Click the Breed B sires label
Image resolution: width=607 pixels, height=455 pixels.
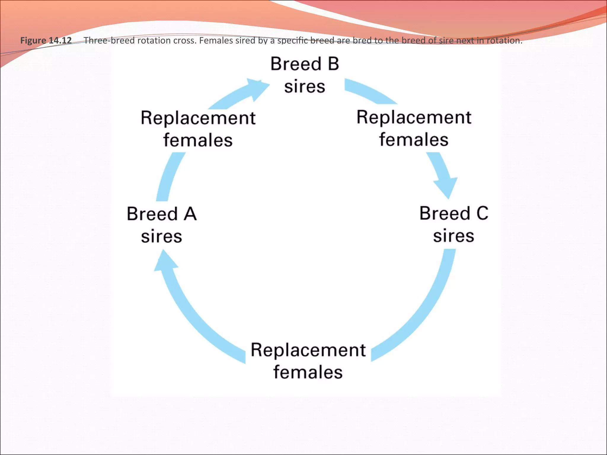[x=305, y=75]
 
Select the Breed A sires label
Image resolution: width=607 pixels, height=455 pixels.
[x=162, y=225]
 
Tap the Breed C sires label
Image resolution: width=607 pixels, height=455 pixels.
[x=454, y=224]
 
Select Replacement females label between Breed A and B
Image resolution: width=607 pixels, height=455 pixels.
[x=198, y=129]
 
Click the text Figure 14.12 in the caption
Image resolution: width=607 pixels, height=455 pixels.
[x=46, y=40]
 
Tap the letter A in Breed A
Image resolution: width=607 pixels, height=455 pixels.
[x=190, y=214]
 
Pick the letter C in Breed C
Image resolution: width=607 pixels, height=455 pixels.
[x=482, y=213]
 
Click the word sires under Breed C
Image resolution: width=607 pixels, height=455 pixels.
[x=454, y=236]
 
